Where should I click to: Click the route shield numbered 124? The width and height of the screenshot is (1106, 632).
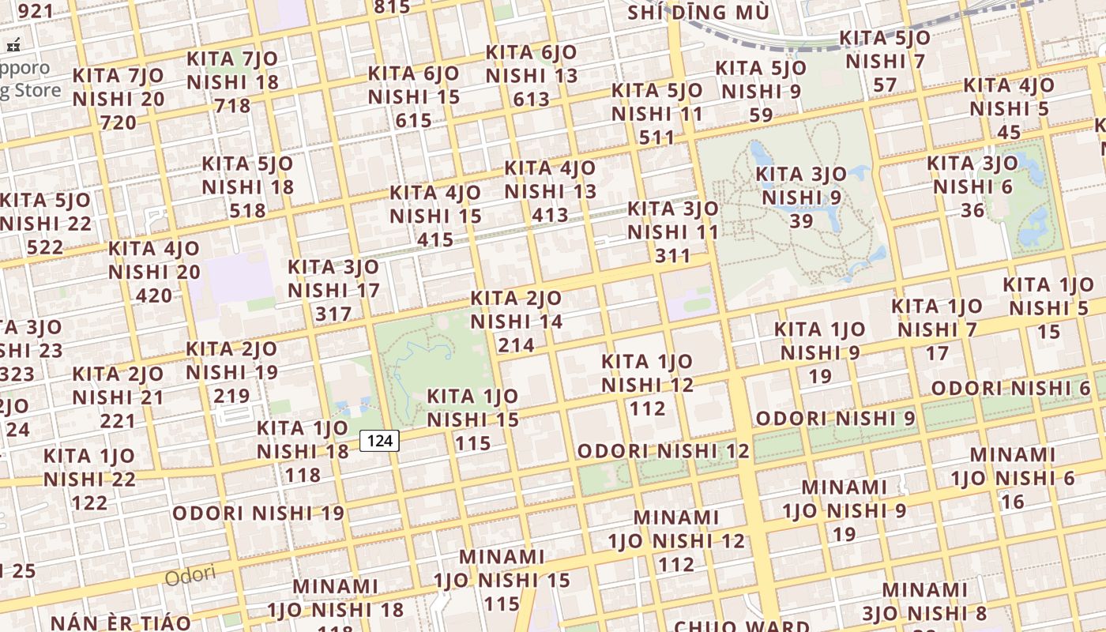tap(380, 440)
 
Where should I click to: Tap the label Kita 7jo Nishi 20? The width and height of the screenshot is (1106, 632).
tap(118, 99)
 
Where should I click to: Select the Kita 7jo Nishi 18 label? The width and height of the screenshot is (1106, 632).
tap(232, 81)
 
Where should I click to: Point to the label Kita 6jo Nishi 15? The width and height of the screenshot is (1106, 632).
tap(414, 96)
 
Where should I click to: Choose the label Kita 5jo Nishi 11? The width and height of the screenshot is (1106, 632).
tap(657, 113)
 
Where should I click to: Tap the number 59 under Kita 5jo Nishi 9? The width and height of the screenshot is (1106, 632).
tap(761, 115)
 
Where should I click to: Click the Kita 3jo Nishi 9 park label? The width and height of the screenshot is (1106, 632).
tap(801, 197)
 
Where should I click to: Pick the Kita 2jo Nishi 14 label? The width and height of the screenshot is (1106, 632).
tap(517, 322)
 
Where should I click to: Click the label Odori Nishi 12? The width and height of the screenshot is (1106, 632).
tap(663, 451)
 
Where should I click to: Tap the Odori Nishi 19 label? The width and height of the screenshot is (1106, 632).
tap(258, 513)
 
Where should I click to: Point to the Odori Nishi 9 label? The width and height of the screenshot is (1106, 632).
tap(836, 418)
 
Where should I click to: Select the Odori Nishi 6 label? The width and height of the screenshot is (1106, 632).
tap(1011, 388)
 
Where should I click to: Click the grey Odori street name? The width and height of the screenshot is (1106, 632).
tap(190, 575)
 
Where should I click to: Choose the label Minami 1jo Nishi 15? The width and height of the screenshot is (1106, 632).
tap(502, 580)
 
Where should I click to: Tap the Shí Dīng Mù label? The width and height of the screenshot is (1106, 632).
tap(698, 13)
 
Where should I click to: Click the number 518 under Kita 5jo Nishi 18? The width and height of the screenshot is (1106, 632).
tap(247, 210)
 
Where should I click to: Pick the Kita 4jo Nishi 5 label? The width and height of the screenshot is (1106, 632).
tap(1009, 107)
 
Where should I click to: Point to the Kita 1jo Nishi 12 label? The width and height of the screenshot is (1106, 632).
tap(647, 385)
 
